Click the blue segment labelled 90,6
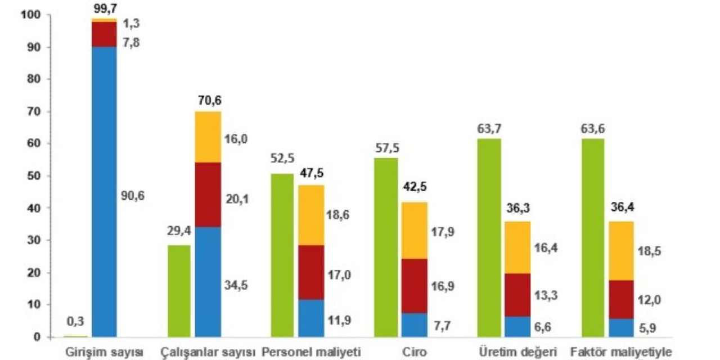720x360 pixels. (x=104, y=191)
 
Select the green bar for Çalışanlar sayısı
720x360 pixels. (x=179, y=291)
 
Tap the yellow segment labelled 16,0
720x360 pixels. (x=208, y=138)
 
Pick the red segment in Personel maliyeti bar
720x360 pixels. (x=311, y=272)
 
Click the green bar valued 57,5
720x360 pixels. (x=386, y=247)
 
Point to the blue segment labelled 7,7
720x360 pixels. (x=414, y=325)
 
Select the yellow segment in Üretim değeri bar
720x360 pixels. (x=517, y=247)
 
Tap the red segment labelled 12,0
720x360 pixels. (x=620, y=299)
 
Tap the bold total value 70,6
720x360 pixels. (x=210, y=101)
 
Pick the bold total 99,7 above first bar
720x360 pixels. (x=105, y=7)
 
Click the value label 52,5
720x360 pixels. (x=283, y=158)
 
